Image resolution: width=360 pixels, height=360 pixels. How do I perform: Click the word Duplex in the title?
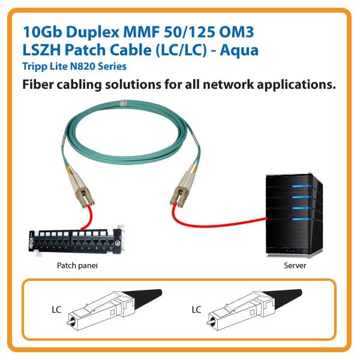[93, 32]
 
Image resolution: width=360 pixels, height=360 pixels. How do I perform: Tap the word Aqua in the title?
[239, 50]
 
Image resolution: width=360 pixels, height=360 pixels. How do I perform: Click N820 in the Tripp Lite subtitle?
[83, 67]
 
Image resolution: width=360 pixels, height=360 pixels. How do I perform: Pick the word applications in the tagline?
[296, 85]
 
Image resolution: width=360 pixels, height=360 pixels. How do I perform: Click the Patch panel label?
[77, 265]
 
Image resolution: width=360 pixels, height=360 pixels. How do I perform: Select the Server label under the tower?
[295, 265]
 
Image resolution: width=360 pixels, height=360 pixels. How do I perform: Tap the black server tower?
[295, 215]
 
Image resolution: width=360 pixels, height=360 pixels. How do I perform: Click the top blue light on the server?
[302, 186]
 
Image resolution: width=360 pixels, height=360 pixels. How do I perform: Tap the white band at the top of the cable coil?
[123, 103]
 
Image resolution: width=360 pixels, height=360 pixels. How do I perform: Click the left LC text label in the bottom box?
[56, 310]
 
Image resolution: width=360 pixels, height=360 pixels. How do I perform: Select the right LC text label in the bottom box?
[196, 310]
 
